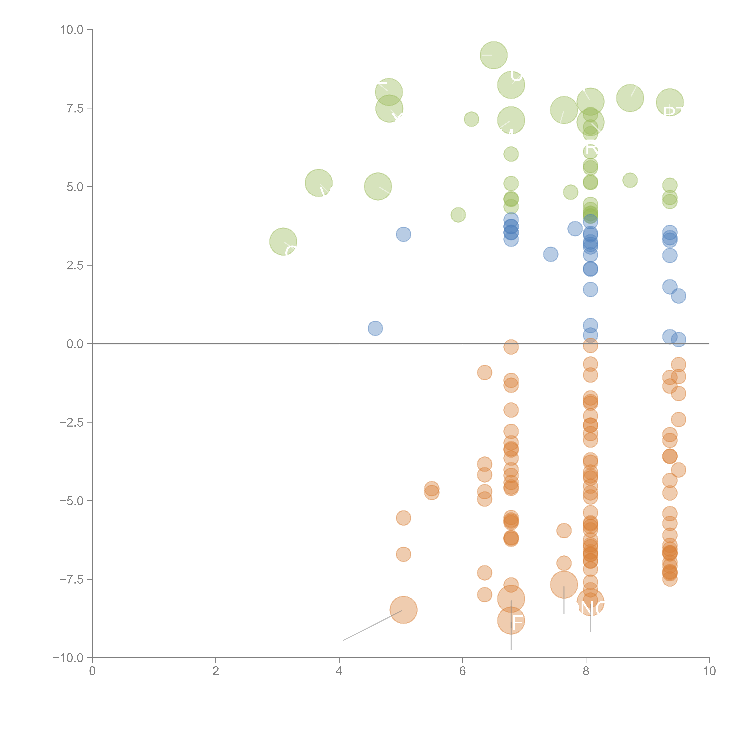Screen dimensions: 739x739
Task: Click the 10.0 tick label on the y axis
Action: coord(72,30)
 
